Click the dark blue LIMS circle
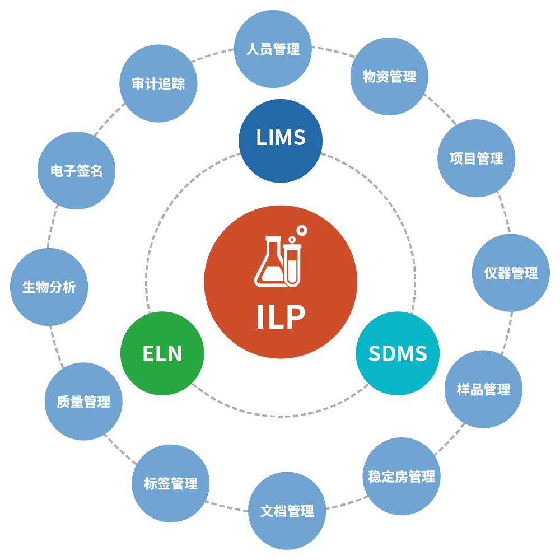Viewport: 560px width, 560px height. [x=281, y=141]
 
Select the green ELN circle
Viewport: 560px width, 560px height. [x=162, y=353]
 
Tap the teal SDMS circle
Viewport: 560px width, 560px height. [x=398, y=353]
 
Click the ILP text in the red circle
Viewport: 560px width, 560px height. [x=281, y=317]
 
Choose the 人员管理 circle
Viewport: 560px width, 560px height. [x=273, y=49]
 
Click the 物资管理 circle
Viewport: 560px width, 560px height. [x=389, y=76]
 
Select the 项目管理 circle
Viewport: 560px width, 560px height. [x=477, y=158]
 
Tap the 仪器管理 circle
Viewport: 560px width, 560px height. [x=511, y=273]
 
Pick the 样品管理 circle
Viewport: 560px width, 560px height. [x=484, y=389]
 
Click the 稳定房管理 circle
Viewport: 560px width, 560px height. [x=402, y=476]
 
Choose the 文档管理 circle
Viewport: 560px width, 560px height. [x=287, y=511]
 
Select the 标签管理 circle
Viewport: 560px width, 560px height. [x=171, y=483]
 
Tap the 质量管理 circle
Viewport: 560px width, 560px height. [x=83, y=402]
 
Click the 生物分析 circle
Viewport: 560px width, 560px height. [x=49, y=287]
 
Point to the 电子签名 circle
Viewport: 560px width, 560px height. [x=76, y=170]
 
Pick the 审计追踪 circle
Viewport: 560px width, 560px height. [x=158, y=83]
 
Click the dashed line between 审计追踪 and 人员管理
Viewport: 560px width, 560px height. [x=213, y=55]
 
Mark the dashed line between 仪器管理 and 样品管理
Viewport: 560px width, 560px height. [x=508, y=333]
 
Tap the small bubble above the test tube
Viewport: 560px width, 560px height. [x=302, y=230]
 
